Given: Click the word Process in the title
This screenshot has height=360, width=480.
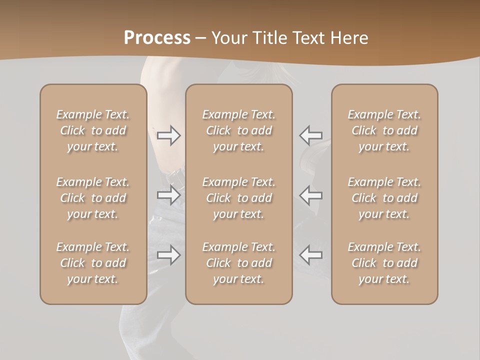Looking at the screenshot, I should [x=157, y=37].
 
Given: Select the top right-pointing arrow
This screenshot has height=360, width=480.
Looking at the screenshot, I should [x=168, y=135].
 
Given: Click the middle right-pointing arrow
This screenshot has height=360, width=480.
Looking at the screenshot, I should [x=168, y=194].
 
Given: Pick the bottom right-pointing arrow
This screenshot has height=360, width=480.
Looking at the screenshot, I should [x=168, y=255].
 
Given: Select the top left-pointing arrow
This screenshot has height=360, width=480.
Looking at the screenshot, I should [x=310, y=135].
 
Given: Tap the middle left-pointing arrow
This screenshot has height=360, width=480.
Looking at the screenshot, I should [x=310, y=194].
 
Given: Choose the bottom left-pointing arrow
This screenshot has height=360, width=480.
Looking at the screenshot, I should [x=310, y=255].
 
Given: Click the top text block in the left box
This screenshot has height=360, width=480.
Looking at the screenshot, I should [x=93, y=130].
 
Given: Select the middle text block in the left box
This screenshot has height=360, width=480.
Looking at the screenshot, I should [x=93, y=198].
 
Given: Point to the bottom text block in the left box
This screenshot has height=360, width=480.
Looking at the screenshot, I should [x=93, y=263].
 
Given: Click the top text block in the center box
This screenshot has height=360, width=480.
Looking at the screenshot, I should [x=238, y=130].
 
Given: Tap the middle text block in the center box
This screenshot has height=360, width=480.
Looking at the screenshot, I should [x=238, y=198].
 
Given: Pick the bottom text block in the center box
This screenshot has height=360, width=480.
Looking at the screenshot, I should [x=238, y=263].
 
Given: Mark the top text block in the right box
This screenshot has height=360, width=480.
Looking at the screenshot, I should [x=384, y=130].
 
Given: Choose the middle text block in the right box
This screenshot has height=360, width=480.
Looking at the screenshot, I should [x=384, y=198].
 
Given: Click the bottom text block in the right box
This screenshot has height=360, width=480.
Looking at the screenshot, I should [x=384, y=263].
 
